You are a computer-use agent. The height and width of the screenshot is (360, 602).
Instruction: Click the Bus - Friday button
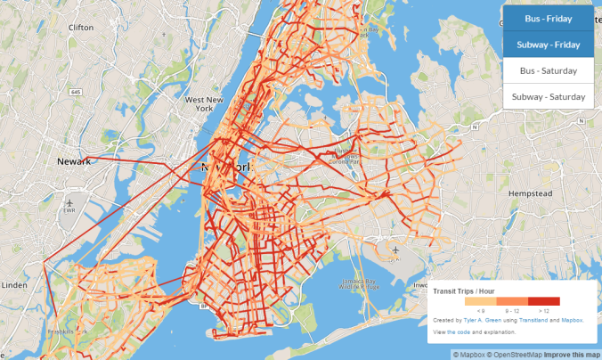point(548,18)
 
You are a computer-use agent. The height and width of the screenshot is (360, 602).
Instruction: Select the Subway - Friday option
point(548,44)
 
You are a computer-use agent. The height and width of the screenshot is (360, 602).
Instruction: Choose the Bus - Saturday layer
point(548,70)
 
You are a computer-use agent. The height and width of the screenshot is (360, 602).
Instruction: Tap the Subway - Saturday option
point(548,96)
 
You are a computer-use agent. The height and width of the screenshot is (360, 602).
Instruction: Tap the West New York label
point(203,105)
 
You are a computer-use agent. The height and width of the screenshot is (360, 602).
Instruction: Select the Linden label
point(15,285)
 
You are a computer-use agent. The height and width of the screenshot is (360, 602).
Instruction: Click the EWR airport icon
point(69,204)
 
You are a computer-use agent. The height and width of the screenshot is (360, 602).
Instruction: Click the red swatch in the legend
point(543,301)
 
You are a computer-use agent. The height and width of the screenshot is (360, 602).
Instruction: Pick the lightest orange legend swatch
point(481,301)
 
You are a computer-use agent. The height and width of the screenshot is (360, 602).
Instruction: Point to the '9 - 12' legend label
point(512,310)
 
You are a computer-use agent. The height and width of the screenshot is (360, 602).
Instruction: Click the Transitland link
point(531,319)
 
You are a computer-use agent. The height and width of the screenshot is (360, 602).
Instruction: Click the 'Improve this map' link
point(571,355)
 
